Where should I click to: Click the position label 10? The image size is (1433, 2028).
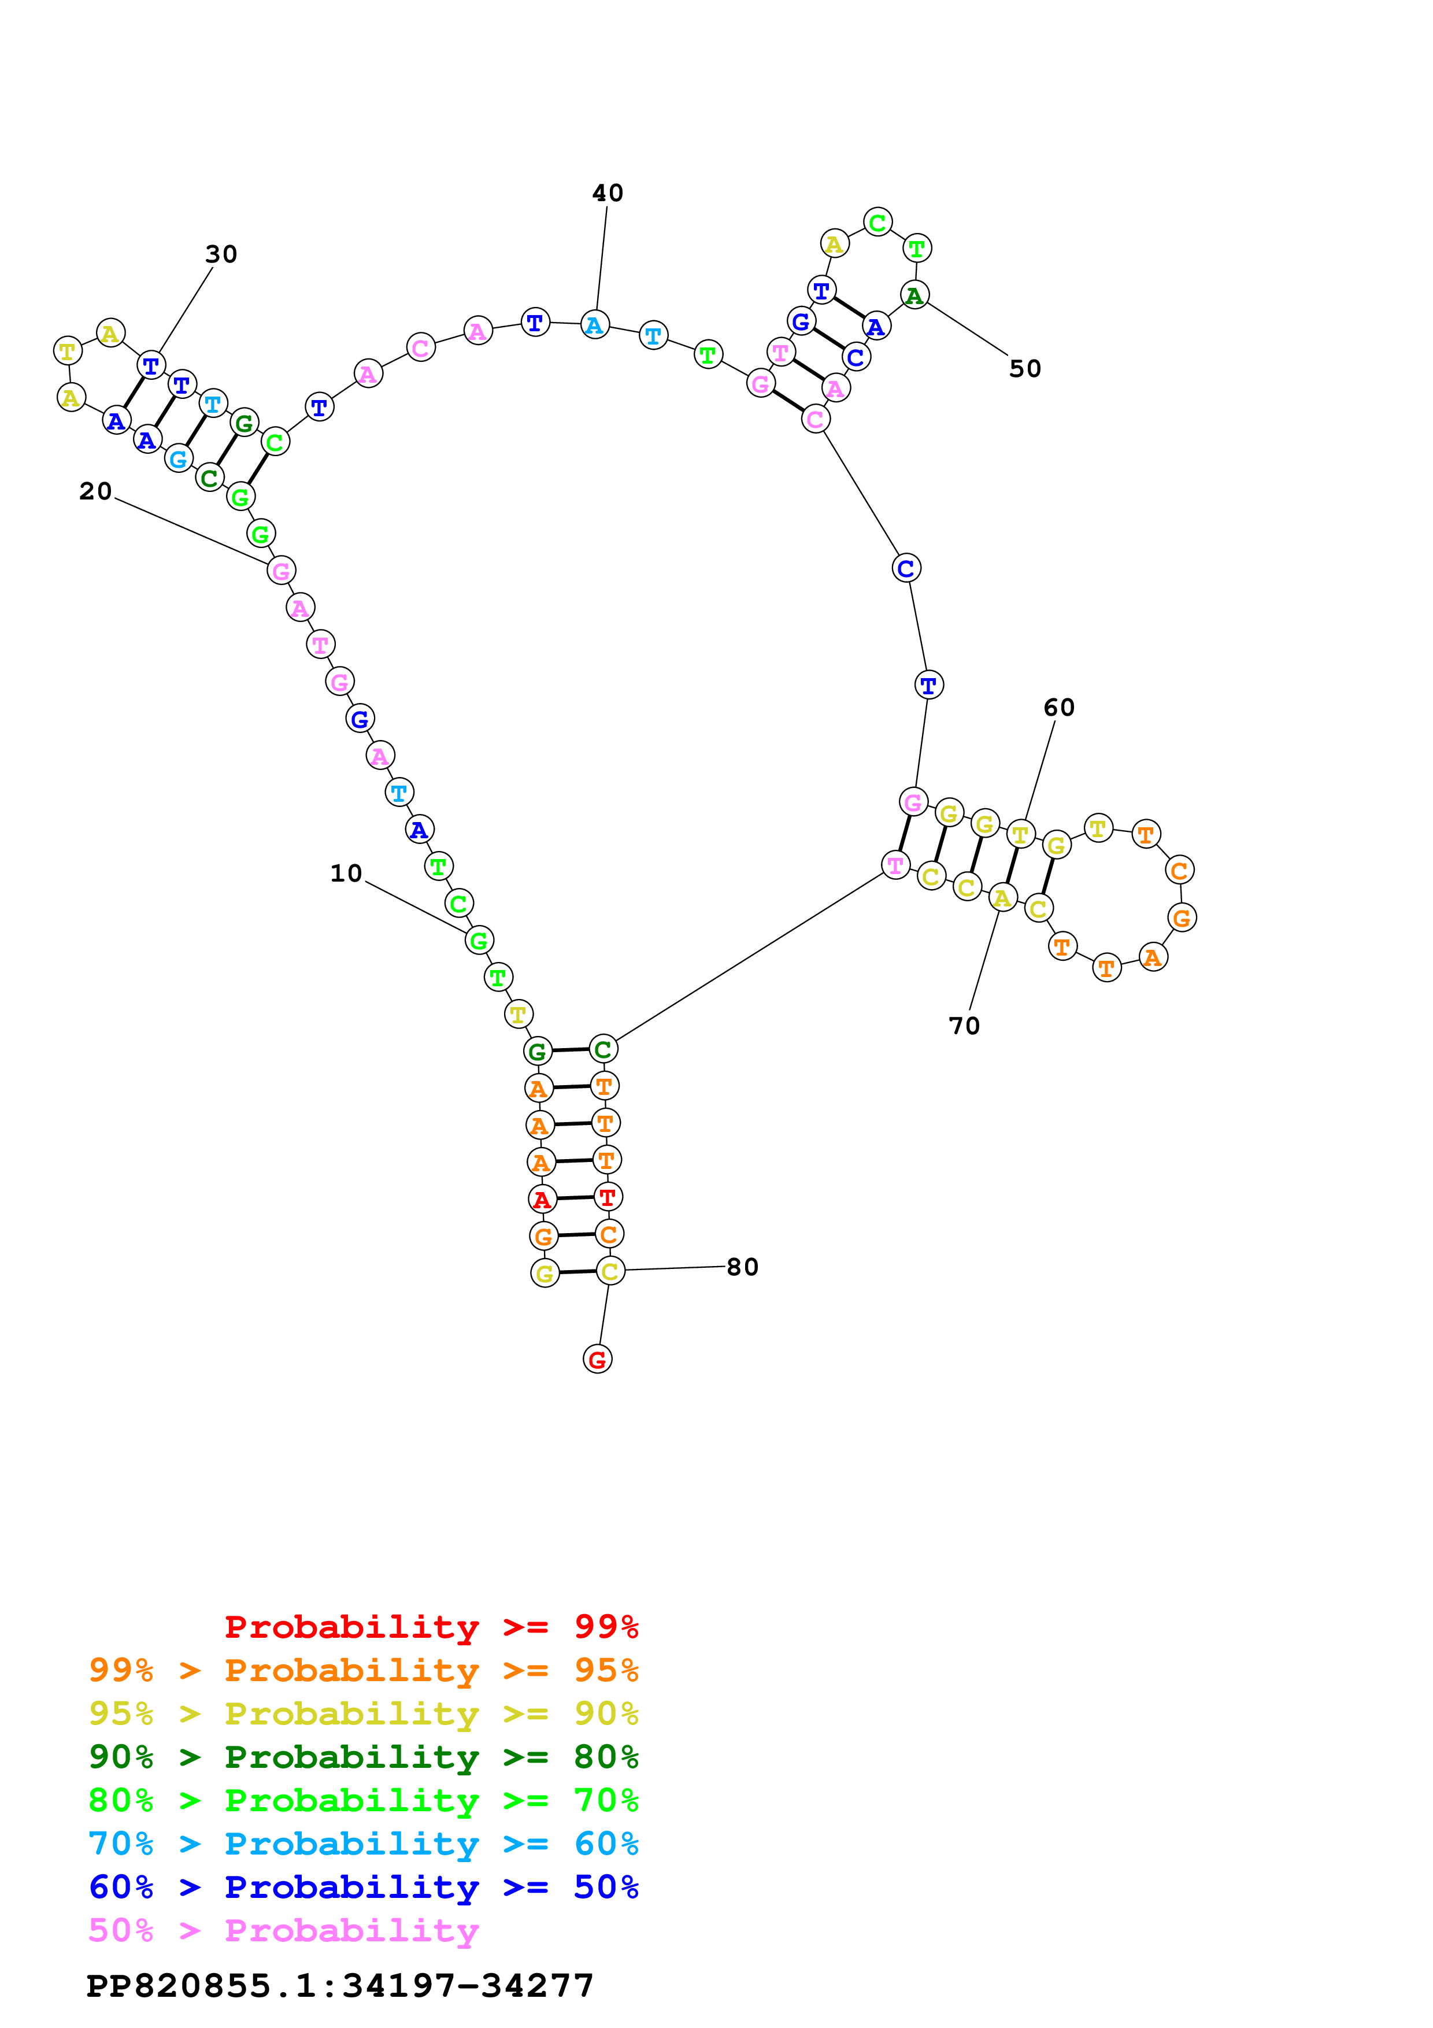(x=346, y=874)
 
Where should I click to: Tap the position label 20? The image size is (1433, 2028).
(x=95, y=491)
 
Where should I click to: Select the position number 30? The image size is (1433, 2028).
(x=221, y=254)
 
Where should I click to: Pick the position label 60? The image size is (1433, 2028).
(x=1058, y=708)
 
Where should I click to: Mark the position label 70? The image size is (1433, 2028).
(x=964, y=1026)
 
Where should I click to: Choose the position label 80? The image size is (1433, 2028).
(x=743, y=1267)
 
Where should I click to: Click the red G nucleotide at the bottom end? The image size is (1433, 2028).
(x=598, y=1359)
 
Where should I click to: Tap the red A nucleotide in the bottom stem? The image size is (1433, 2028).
(x=542, y=1200)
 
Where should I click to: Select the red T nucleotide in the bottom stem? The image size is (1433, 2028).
(x=608, y=1197)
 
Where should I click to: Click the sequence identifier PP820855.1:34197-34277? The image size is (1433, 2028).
(x=340, y=1986)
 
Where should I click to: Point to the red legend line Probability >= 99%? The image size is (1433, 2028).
(x=431, y=1626)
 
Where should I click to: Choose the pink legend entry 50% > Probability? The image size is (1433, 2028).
(x=283, y=1930)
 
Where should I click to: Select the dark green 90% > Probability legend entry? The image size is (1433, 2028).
(x=363, y=1757)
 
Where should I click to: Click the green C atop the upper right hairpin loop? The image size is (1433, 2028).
(x=877, y=223)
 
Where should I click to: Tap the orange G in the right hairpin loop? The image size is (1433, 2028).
(x=1182, y=917)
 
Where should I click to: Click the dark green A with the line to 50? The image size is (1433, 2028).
(x=914, y=295)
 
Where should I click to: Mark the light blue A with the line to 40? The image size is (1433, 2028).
(x=594, y=325)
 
